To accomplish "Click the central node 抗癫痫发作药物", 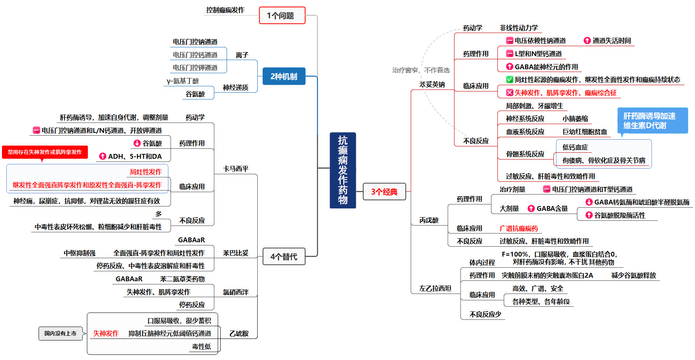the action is (x=343, y=170).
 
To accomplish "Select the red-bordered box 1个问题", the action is (x=282, y=16).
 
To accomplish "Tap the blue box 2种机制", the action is (x=283, y=76).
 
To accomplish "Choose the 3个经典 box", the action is (x=384, y=192).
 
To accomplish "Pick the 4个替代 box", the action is (x=283, y=257).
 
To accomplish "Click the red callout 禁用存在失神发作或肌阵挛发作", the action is (x=45, y=152).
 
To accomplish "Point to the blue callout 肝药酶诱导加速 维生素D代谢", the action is (x=652, y=121).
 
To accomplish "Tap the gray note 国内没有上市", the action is (x=60, y=333).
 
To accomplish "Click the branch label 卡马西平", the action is (x=236, y=169).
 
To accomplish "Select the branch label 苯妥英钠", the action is (x=432, y=84).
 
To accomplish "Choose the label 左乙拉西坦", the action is (x=435, y=288).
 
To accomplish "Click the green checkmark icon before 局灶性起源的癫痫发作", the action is (x=509, y=80).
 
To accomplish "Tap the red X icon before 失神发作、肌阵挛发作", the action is (x=509, y=93).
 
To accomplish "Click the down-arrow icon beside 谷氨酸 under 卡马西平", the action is (x=137, y=143).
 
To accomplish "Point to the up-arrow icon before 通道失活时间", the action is (x=587, y=41).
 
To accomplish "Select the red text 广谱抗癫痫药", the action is (x=518, y=228).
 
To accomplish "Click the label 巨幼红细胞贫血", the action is (x=584, y=132).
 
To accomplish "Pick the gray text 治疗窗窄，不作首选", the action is (x=421, y=70).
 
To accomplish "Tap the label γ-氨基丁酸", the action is (x=182, y=81).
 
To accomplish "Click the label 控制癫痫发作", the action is (x=225, y=10).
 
